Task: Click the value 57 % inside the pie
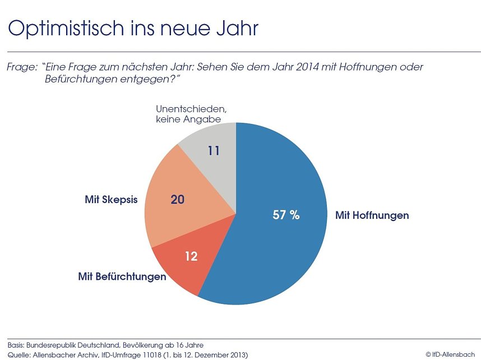(x=286, y=215)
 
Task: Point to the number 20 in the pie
(x=178, y=199)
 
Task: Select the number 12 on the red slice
(x=191, y=256)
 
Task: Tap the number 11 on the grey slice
(x=214, y=151)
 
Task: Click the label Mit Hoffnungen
(x=372, y=215)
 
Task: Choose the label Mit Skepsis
(x=111, y=200)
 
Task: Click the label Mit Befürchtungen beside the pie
(x=121, y=277)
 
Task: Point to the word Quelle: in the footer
(x=19, y=354)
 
